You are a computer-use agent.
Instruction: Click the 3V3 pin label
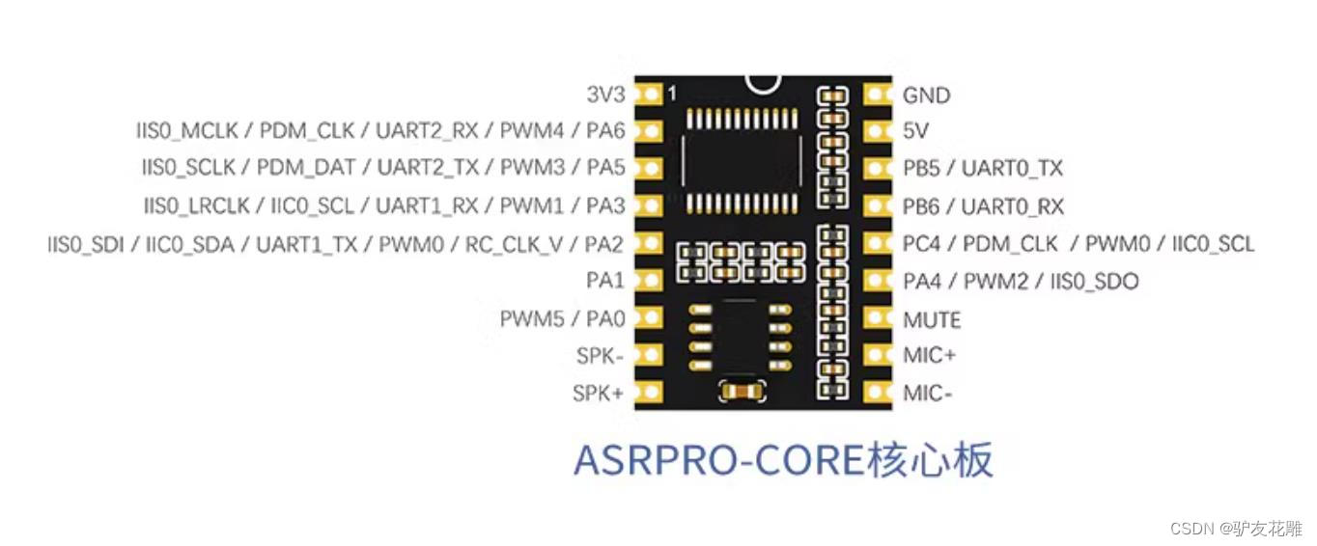click(605, 95)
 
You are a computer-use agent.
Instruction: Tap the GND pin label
click(926, 96)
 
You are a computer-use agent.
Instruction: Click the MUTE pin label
click(932, 319)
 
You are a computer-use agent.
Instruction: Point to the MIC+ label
click(929, 356)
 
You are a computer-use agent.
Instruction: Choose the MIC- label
click(927, 394)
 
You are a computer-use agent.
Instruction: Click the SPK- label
click(600, 356)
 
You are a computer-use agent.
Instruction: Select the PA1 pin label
click(604, 281)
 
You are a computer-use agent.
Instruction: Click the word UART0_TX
click(1012, 169)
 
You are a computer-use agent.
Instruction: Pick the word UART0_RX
click(1013, 206)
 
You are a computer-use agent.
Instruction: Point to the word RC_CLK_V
click(513, 244)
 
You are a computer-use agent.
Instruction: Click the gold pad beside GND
click(877, 95)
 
